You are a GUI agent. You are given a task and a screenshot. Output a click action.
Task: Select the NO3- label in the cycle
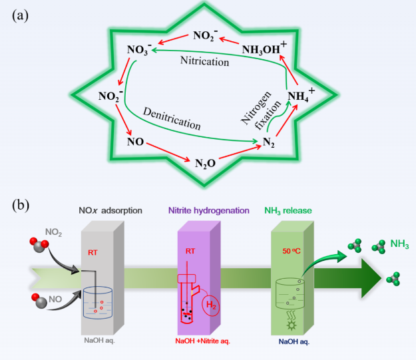click(x=140, y=49)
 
